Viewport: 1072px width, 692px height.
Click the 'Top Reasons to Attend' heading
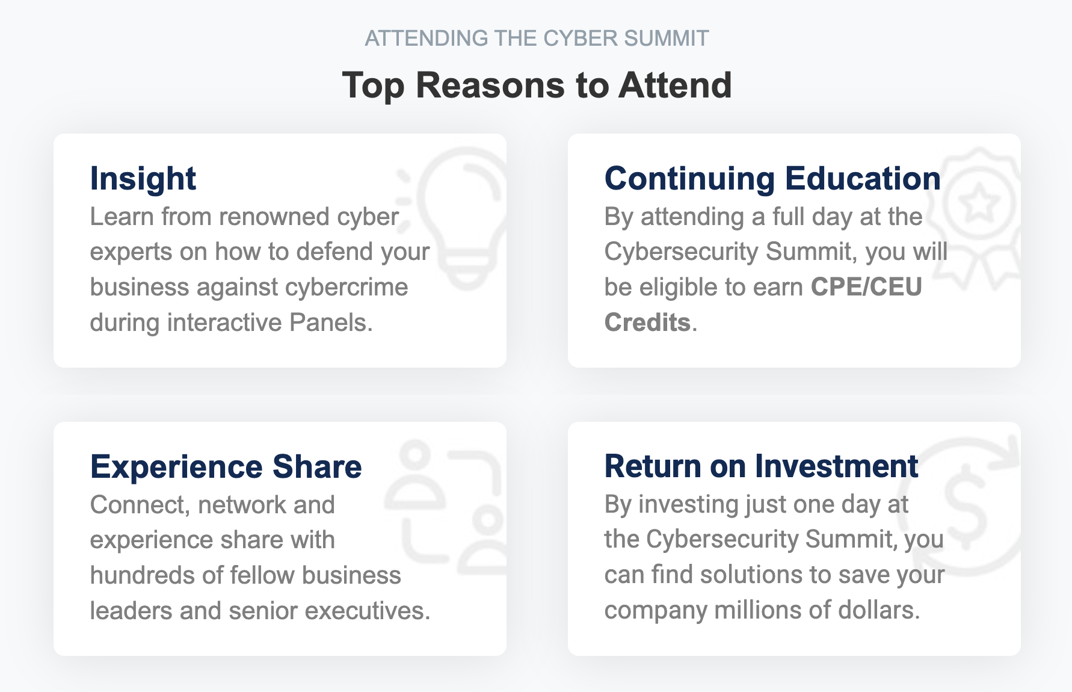[x=537, y=85]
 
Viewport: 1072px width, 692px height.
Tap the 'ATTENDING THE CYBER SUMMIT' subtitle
[x=537, y=38]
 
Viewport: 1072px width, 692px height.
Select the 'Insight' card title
[x=143, y=179]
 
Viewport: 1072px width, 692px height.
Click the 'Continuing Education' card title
[x=772, y=179]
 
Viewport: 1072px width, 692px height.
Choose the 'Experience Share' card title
[x=226, y=467]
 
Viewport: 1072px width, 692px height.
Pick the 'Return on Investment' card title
[x=761, y=466]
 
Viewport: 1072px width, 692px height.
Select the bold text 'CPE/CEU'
[x=866, y=287]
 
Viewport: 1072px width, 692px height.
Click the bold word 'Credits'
[x=647, y=323]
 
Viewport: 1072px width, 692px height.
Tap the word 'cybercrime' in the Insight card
[x=347, y=287]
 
